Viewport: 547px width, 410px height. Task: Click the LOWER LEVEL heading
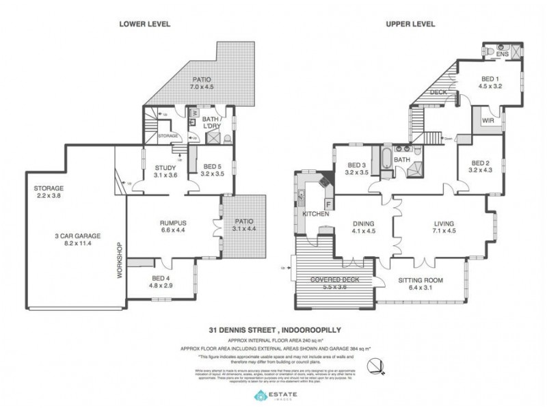[x=144, y=25]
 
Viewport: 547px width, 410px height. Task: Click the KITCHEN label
[x=316, y=215]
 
